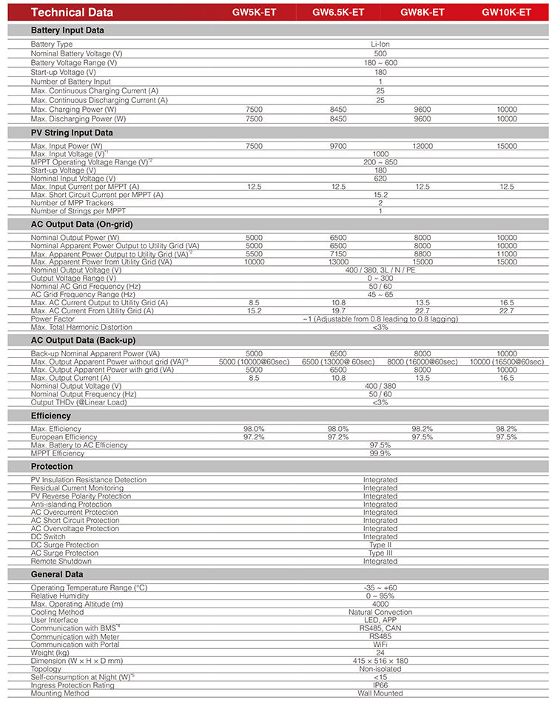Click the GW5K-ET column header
(254, 12)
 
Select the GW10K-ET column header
(507, 12)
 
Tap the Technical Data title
(73, 12)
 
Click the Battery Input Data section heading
(67, 30)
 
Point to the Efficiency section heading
(51, 416)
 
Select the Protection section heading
(52, 467)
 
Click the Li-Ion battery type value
(380, 44)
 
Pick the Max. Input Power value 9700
(338, 146)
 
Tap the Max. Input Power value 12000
(423, 146)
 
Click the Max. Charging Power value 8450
(338, 110)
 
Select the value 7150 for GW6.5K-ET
(338, 253)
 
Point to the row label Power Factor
(53, 319)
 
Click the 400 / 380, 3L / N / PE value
(380, 270)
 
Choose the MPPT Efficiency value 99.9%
(380, 453)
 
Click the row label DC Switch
(48, 537)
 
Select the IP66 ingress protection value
(380, 685)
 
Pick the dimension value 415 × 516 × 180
(380, 661)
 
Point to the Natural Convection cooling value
(380, 613)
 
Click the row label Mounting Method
(60, 693)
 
